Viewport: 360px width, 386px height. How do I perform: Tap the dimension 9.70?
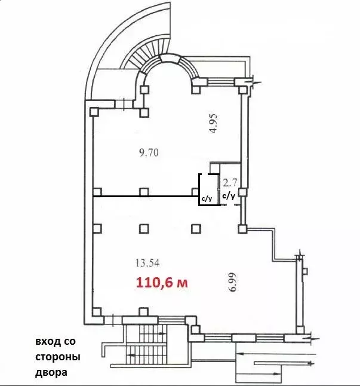149,153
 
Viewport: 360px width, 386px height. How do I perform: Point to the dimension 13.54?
148,262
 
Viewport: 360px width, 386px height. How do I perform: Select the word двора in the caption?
51,372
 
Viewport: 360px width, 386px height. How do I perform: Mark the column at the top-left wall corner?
94,112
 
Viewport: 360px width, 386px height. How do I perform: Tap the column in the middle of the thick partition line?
143,192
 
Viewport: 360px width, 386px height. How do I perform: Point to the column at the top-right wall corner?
244,88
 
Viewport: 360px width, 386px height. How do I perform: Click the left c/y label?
207,199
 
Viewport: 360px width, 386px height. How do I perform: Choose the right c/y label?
229,195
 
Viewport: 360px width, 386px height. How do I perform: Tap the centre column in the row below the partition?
143,228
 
